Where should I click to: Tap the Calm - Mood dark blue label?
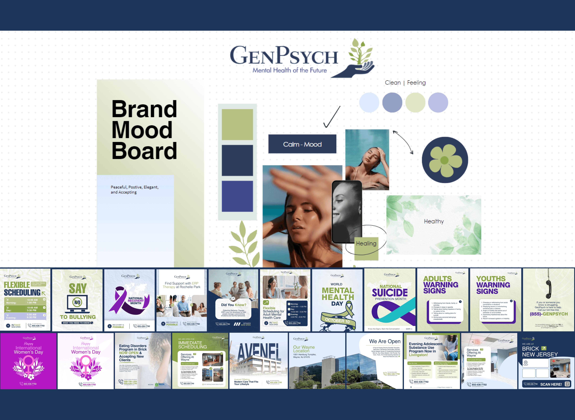tap(302, 144)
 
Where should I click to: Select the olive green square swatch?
tap(237, 124)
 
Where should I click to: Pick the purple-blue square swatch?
tap(237, 196)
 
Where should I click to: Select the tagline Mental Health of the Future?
tap(290, 70)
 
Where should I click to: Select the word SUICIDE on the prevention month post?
tap(390, 293)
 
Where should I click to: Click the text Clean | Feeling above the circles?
tap(405, 83)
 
